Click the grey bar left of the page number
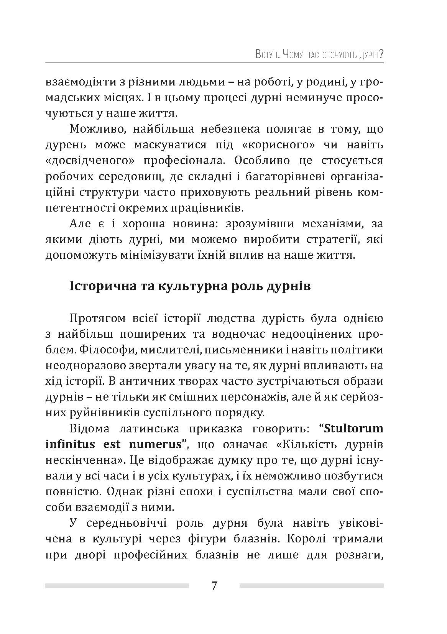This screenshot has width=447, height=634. pyautogui.click(x=117, y=586)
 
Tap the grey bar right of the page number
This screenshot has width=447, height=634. pyautogui.click(x=311, y=586)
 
